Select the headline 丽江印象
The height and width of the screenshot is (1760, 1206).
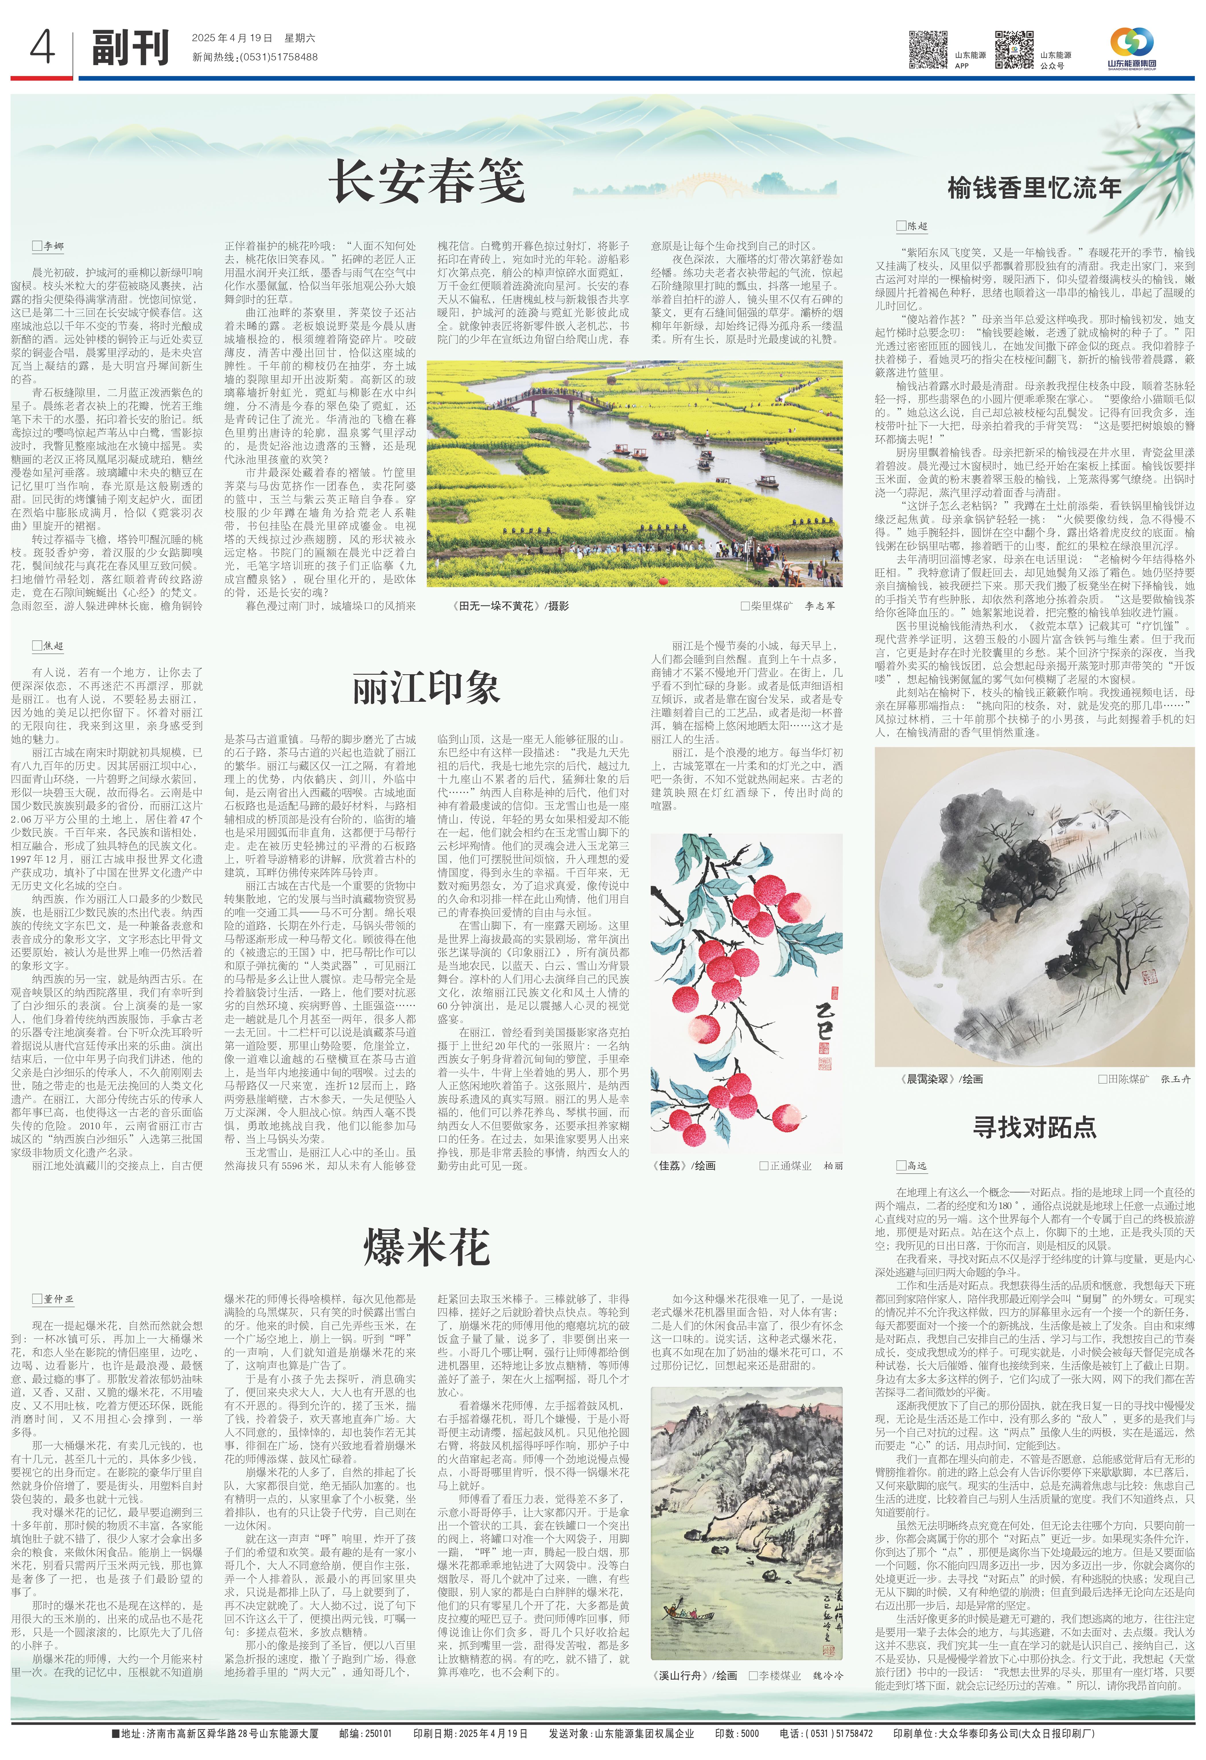(x=426, y=689)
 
